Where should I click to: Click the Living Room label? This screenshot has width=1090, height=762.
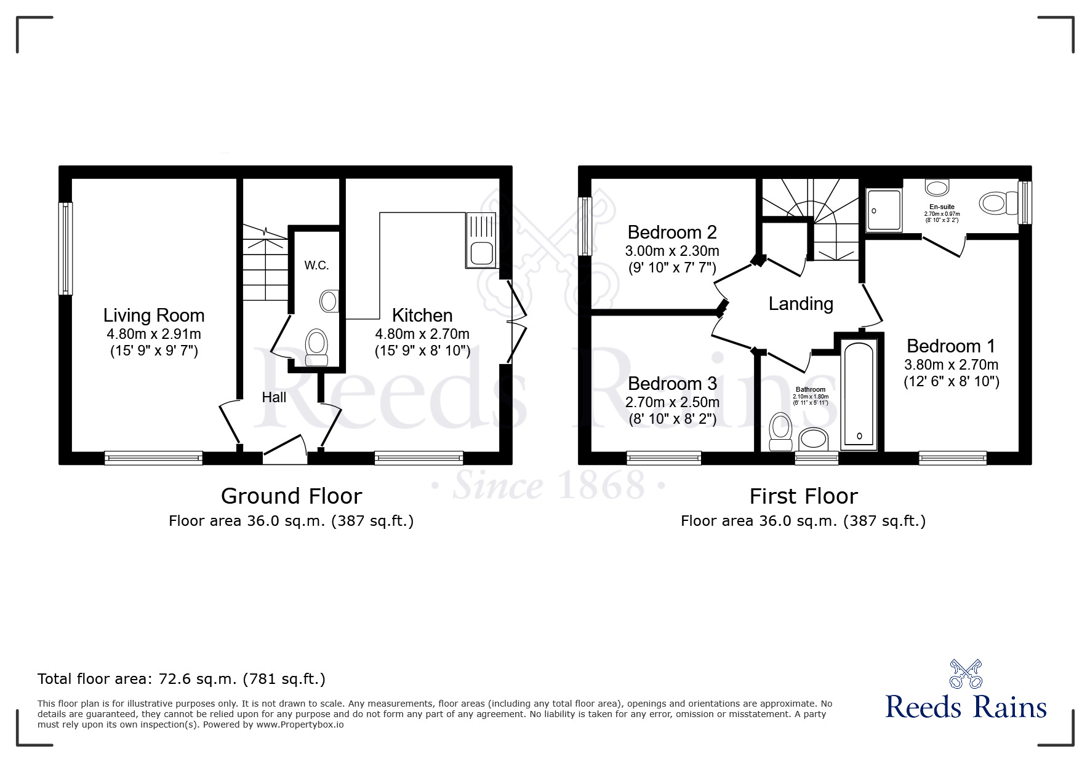pos(154,316)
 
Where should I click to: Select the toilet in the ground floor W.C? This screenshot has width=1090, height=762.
pos(316,347)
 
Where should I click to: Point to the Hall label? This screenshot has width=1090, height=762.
pos(274,397)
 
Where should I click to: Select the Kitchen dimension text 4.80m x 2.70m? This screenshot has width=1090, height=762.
pos(422,334)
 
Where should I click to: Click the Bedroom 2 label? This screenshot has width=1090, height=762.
pos(672,232)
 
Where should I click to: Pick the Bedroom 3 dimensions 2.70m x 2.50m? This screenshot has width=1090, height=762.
pos(672,403)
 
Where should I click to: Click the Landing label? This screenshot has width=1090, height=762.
pos(801,304)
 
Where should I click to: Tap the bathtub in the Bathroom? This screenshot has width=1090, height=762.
pos(859,394)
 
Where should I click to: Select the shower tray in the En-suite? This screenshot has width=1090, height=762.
pos(884,210)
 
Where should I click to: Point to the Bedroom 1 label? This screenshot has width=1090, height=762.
pos(951,346)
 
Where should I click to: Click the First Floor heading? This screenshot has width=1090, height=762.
pos(803,496)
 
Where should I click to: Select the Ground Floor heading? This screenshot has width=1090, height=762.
pos(291,496)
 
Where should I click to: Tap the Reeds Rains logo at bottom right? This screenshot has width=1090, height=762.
pos(966,692)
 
